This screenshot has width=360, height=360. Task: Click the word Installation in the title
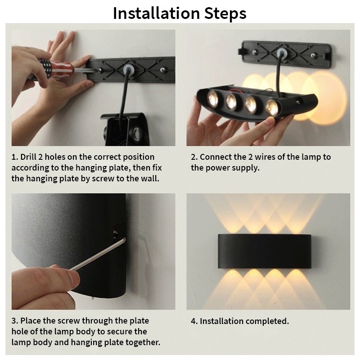click(x=156, y=13)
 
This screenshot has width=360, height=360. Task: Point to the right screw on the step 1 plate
click(x=162, y=69)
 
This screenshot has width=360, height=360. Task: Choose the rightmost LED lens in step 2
click(x=272, y=107)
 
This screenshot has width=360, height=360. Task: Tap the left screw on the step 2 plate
click(x=254, y=52)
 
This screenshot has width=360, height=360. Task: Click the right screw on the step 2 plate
click(x=313, y=55)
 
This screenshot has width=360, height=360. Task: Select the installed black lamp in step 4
click(x=264, y=252)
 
